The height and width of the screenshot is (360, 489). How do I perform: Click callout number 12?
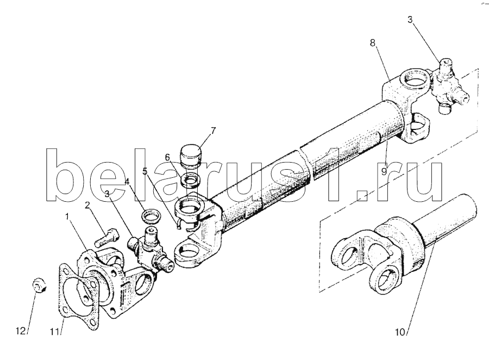click(21, 331)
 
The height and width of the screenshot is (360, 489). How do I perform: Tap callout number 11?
click(54, 332)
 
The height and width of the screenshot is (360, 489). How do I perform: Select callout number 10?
click(400, 332)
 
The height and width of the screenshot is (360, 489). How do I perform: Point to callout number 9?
click(384, 171)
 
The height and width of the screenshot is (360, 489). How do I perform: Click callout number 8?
click(373, 43)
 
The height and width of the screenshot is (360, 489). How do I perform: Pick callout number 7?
click(213, 131)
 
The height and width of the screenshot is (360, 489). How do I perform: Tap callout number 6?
click(167, 157)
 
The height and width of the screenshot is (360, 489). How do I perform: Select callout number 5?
click(145, 171)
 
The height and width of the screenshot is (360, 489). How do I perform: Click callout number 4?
click(127, 182)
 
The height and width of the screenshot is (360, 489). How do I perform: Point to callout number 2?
click(87, 205)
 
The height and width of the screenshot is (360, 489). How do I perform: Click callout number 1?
click(66, 216)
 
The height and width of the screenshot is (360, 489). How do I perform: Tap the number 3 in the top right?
click(410, 20)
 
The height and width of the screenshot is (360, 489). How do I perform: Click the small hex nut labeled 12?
click(40, 285)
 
